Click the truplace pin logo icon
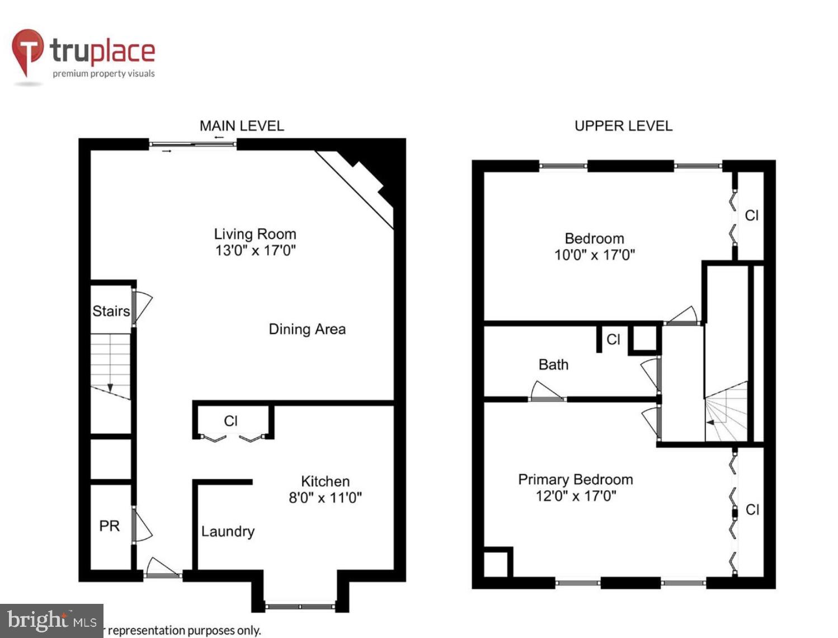(27, 51)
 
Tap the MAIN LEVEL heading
(242, 126)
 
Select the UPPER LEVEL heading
(623, 126)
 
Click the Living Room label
(255, 234)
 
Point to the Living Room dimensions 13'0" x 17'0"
(255, 250)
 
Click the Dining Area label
(307, 329)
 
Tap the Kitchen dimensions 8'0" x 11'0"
(325, 498)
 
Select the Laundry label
(228, 531)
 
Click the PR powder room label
(109, 526)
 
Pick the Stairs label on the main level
(111, 311)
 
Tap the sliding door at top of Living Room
(193, 144)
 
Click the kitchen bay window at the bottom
(300, 606)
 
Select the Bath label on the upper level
(553, 365)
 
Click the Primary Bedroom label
(575, 480)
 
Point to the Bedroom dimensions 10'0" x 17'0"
(594, 255)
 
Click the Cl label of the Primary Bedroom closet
(752, 510)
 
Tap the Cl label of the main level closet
(231, 421)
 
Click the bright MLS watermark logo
(51, 621)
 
